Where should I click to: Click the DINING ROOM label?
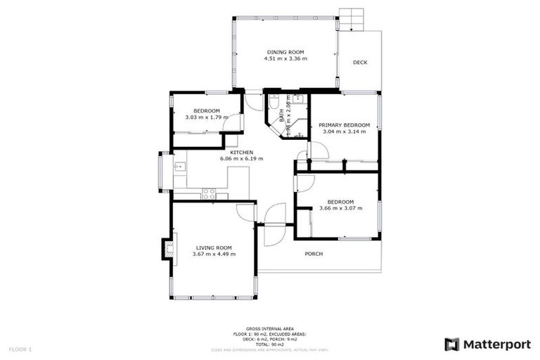pyautogui.click(x=285, y=51)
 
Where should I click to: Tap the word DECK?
pyautogui.click(x=360, y=63)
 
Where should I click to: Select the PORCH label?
pyautogui.click(x=314, y=254)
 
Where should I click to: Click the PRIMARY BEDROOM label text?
pyautogui.click(x=345, y=125)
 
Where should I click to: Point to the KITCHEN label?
pyautogui.click(x=242, y=152)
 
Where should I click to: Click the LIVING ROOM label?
pyautogui.click(x=214, y=247)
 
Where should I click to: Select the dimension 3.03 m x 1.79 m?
pyautogui.click(x=207, y=117)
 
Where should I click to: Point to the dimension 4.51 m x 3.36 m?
pyautogui.click(x=285, y=58)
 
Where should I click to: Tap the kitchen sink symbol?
pyautogui.click(x=180, y=167)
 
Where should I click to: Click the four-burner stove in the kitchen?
pyautogui.click(x=209, y=194)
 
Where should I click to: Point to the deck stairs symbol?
pyautogui.click(x=349, y=18)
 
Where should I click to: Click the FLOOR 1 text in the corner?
pyautogui.click(x=20, y=349)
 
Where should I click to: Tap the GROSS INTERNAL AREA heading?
pyautogui.click(x=270, y=328)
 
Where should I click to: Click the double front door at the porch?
pyautogui.click(x=274, y=224)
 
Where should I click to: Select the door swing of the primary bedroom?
pyautogui.click(x=316, y=150)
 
